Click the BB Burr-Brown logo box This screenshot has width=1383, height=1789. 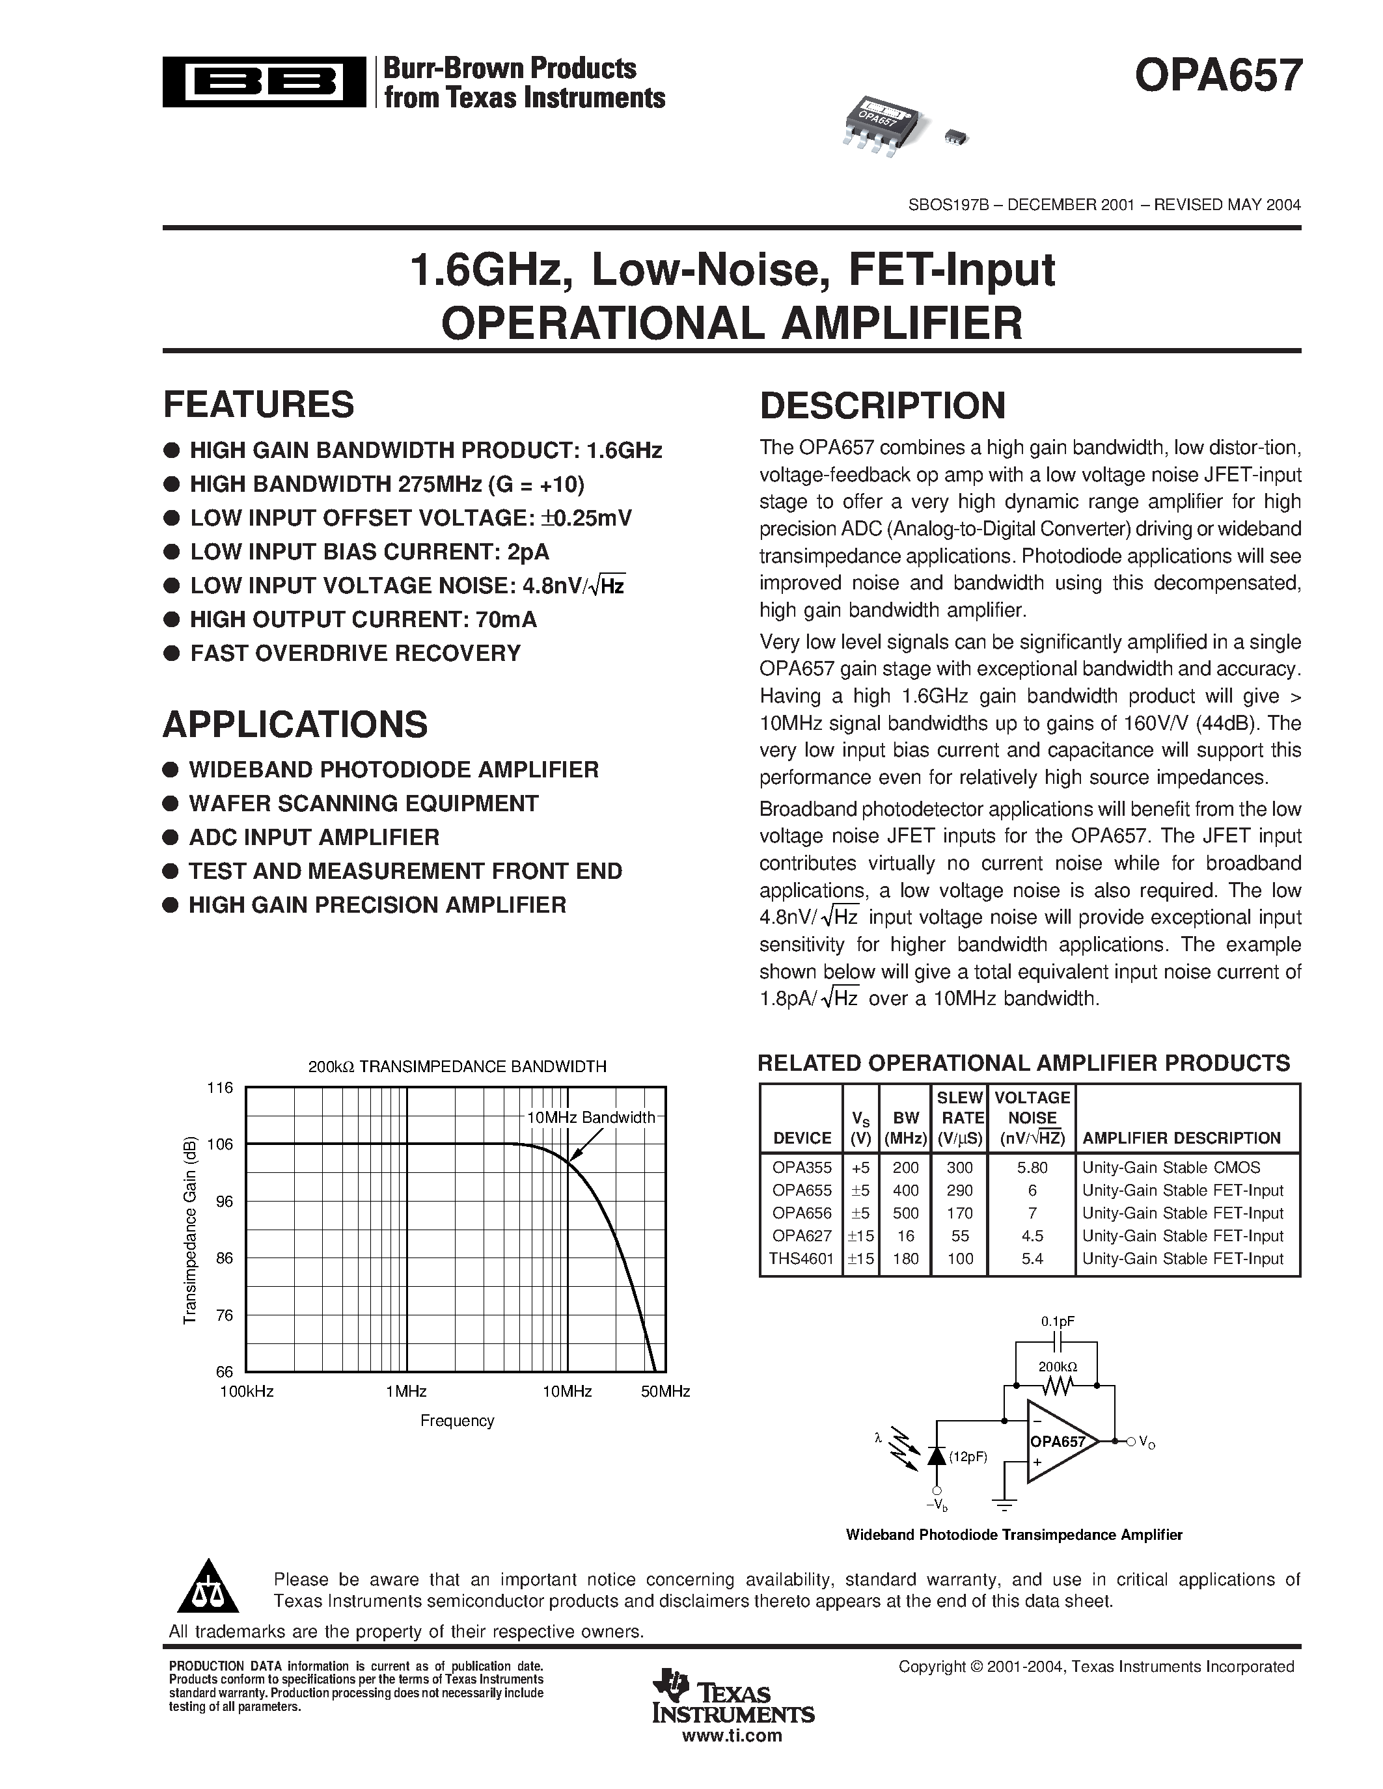[x=264, y=81]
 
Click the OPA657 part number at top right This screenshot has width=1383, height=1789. [x=1218, y=76]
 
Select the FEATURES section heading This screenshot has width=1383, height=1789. [x=259, y=405]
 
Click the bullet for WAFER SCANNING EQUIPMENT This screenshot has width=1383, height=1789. [x=171, y=803]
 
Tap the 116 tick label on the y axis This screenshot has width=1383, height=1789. [x=219, y=1088]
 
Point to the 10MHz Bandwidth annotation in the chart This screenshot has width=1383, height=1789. [x=590, y=1117]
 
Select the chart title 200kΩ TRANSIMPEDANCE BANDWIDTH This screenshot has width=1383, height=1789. [x=457, y=1066]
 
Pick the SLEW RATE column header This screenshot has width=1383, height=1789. [x=959, y=1107]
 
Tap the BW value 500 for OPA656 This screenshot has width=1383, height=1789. [x=905, y=1213]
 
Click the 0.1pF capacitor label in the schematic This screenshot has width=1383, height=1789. [x=1057, y=1321]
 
